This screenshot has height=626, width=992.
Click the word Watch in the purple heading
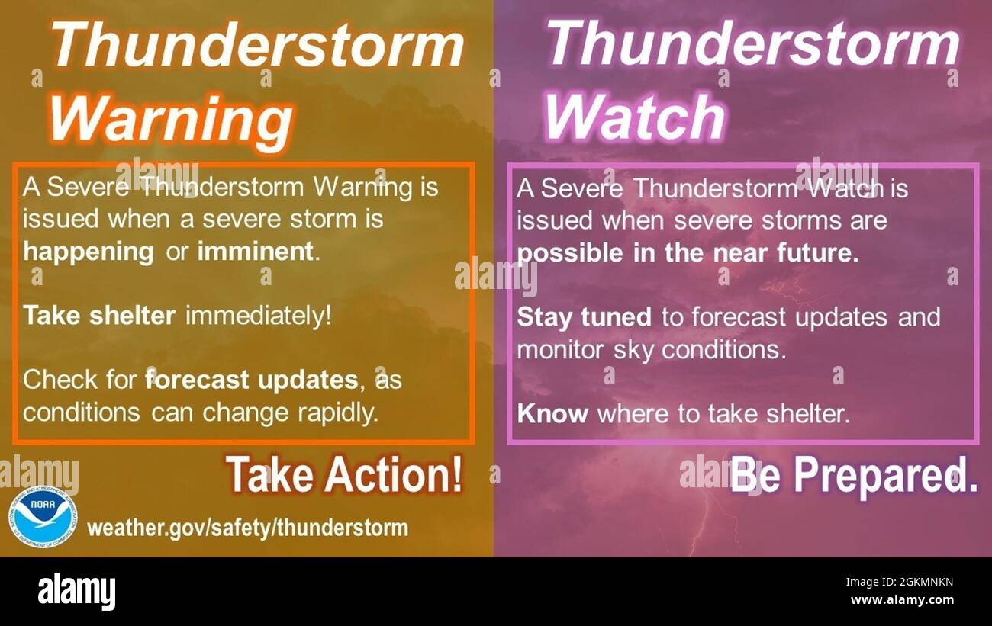[x=634, y=117]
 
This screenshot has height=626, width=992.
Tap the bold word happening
[x=88, y=252]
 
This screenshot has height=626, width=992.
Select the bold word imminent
[x=256, y=252]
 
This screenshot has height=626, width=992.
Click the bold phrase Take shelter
[x=99, y=316]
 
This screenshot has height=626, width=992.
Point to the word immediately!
[x=259, y=316]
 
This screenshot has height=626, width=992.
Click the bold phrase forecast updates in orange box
[x=251, y=379]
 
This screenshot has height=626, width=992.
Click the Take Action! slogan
[x=343, y=475]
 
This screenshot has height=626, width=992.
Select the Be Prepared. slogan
[x=853, y=476]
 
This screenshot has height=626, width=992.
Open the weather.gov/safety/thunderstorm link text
[x=247, y=528]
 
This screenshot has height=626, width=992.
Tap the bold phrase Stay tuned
[x=584, y=317]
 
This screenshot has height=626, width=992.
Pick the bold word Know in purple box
[x=552, y=414]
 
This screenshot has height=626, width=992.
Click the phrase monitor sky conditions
[x=651, y=350]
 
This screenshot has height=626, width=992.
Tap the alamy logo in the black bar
[x=76, y=592]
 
